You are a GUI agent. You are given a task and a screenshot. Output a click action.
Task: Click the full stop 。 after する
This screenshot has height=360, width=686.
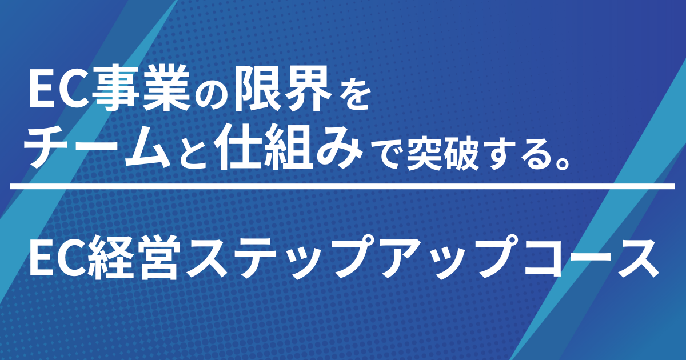(561, 160)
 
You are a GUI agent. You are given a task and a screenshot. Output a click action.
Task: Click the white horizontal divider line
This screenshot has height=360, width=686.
(343, 186)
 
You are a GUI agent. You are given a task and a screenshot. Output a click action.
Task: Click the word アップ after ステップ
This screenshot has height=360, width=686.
(435, 258)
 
